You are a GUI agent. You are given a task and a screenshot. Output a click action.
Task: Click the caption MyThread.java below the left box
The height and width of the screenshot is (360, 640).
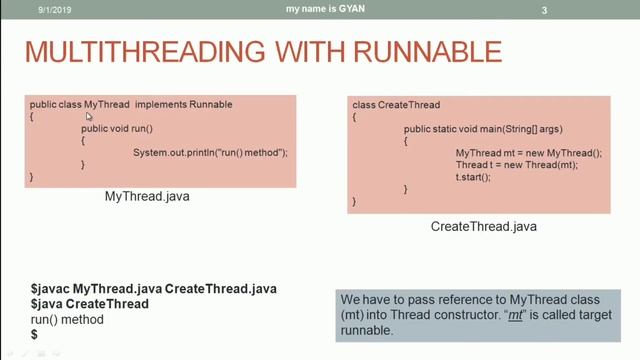click(147, 197)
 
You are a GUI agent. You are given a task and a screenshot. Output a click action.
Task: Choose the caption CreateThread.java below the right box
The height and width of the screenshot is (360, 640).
click(483, 227)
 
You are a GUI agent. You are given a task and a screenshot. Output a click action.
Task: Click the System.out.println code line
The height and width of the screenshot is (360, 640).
click(210, 152)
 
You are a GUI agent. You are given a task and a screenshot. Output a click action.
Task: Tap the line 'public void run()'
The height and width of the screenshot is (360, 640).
click(117, 129)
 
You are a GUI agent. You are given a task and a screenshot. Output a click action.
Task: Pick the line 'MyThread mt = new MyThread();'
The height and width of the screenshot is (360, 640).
click(529, 152)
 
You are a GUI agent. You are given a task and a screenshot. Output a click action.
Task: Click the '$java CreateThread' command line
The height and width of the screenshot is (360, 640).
click(90, 304)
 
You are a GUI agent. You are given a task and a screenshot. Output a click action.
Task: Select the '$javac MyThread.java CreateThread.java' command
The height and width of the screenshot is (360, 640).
click(154, 289)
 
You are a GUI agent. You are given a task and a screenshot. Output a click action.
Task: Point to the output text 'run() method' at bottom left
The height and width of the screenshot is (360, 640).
click(68, 319)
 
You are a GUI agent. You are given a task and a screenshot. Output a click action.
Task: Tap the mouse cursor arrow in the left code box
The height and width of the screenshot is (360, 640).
click(90, 117)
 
